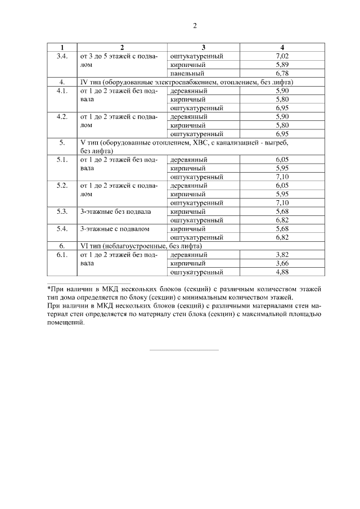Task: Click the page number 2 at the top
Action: click(195, 25)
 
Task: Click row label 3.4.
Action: click(62, 56)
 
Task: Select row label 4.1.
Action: click(62, 91)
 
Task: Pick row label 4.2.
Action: click(62, 116)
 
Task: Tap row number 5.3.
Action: click(62, 211)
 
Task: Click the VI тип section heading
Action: click(141, 246)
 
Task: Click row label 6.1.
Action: click(62, 255)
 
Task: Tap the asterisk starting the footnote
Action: click(48, 287)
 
